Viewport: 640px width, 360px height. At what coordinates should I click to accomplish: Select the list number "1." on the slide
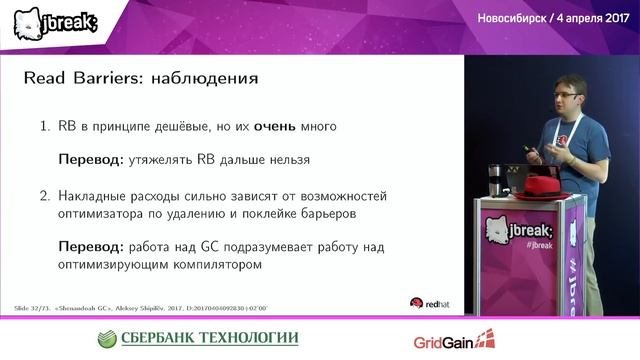point(44,127)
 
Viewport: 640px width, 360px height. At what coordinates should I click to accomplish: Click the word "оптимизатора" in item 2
point(109,213)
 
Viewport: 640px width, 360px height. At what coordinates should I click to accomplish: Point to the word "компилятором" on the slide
point(215,265)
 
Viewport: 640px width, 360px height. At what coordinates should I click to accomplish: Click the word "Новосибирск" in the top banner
point(497,18)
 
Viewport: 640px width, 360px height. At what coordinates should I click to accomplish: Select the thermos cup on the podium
point(494,180)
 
